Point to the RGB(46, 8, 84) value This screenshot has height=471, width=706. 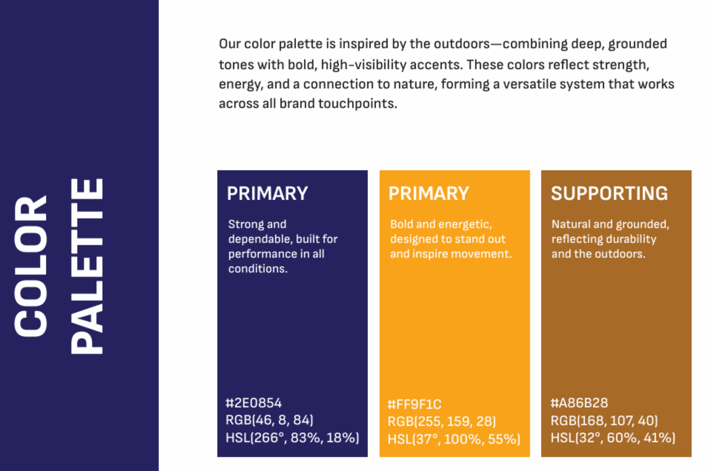269,420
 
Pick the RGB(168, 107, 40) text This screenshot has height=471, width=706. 604,420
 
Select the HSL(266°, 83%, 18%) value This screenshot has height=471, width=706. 292,438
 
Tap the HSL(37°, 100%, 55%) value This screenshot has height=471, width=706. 454,439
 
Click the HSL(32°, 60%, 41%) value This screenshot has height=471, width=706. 613,438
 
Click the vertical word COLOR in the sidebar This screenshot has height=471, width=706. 30,266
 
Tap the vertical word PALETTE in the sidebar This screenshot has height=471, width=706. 87,266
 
